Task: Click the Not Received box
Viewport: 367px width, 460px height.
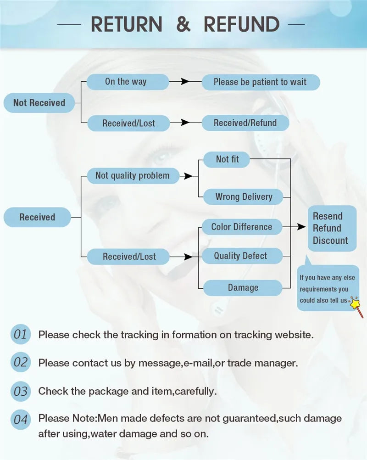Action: pos(39,103)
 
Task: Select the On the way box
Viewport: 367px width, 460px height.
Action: pos(126,82)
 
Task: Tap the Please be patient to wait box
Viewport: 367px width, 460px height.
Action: pos(260,82)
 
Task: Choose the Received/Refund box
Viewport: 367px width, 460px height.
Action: pos(245,123)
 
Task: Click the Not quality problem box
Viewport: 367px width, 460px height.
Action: pos(132,175)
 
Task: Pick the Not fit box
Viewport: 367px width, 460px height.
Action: pos(227,159)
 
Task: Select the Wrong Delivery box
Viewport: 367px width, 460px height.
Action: pos(244,197)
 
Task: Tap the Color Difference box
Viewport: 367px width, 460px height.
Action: pos(241,227)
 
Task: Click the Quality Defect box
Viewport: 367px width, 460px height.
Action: pos(241,256)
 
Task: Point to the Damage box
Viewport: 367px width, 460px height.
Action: pos(243,288)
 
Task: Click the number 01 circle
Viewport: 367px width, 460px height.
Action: pos(20,334)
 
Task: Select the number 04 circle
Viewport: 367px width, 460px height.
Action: pos(20,419)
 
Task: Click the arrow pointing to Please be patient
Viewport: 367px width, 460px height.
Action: pos(185,82)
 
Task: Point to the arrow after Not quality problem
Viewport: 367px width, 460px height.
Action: pos(187,176)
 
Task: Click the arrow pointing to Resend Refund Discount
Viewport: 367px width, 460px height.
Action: pos(300,227)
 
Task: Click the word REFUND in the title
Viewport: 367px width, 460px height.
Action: pos(242,24)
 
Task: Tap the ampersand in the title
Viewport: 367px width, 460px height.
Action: pos(183,24)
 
